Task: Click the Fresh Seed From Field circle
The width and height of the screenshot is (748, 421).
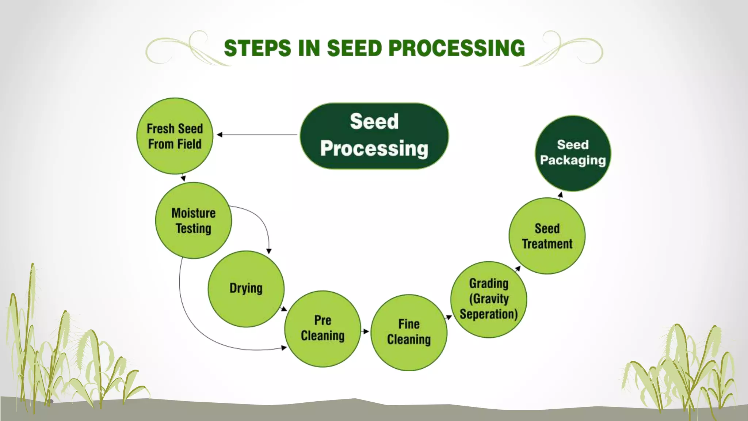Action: coord(175,136)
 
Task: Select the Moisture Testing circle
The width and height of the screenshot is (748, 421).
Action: coord(193,220)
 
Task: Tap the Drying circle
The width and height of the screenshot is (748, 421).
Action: coord(246,289)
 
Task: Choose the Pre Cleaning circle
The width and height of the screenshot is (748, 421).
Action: coord(323,329)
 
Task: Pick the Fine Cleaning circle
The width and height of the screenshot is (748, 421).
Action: coord(409,332)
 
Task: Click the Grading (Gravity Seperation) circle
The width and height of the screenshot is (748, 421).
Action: coord(489,299)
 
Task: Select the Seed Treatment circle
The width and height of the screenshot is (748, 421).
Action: coord(547,236)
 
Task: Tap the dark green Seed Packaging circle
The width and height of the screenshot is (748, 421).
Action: coord(573,153)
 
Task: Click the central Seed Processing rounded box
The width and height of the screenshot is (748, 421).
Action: coord(374,136)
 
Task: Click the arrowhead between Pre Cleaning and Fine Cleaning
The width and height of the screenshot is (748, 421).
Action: coord(366,331)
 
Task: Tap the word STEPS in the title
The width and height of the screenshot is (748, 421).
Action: coord(257,48)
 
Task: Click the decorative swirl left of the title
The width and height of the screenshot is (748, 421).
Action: coord(183,51)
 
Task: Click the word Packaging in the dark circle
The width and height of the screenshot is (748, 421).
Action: coord(573,160)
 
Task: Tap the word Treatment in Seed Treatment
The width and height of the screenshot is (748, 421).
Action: coord(547,244)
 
